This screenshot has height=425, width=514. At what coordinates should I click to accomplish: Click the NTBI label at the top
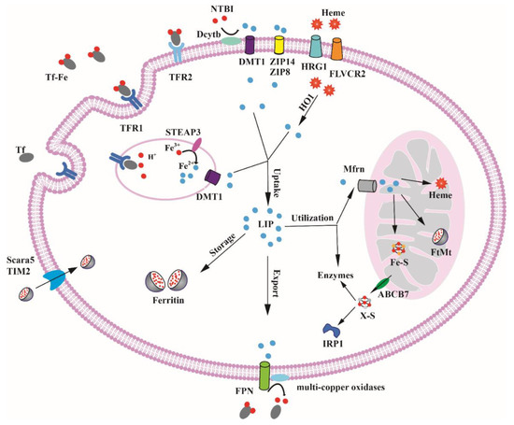pyautogui.click(x=220, y=10)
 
